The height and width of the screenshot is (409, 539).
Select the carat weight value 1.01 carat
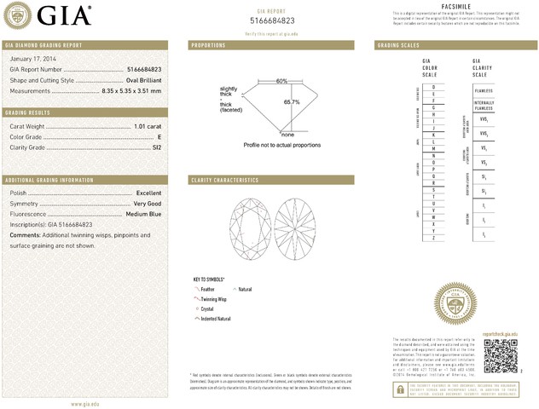tap(147, 126)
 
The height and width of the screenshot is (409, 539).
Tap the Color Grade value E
tap(159, 136)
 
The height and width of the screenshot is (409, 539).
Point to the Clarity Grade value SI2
tap(156, 147)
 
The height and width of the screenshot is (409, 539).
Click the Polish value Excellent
tap(148, 193)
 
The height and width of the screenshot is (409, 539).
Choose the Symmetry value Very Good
tap(148, 204)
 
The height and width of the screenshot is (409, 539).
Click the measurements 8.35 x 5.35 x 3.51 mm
tap(131, 90)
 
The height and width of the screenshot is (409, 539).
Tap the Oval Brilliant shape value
tap(140, 80)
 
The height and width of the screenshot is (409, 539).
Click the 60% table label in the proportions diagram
tap(281, 81)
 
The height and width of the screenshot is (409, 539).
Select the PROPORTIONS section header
tap(208, 44)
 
